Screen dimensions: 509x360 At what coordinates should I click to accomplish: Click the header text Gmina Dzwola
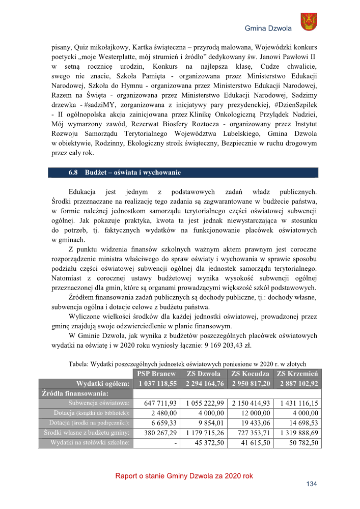pyautogui.click(x=268, y=29)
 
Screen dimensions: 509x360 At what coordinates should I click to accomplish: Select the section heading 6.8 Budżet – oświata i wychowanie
pyautogui.click(x=125, y=173)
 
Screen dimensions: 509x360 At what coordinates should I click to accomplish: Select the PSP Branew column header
pyautogui.click(x=156, y=374)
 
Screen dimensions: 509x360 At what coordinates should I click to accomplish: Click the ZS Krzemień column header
pyautogui.click(x=297, y=374)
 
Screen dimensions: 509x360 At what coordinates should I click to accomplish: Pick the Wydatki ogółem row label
pyautogui.click(x=102, y=383)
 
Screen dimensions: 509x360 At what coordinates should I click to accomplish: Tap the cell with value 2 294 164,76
pyautogui.click(x=204, y=383)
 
